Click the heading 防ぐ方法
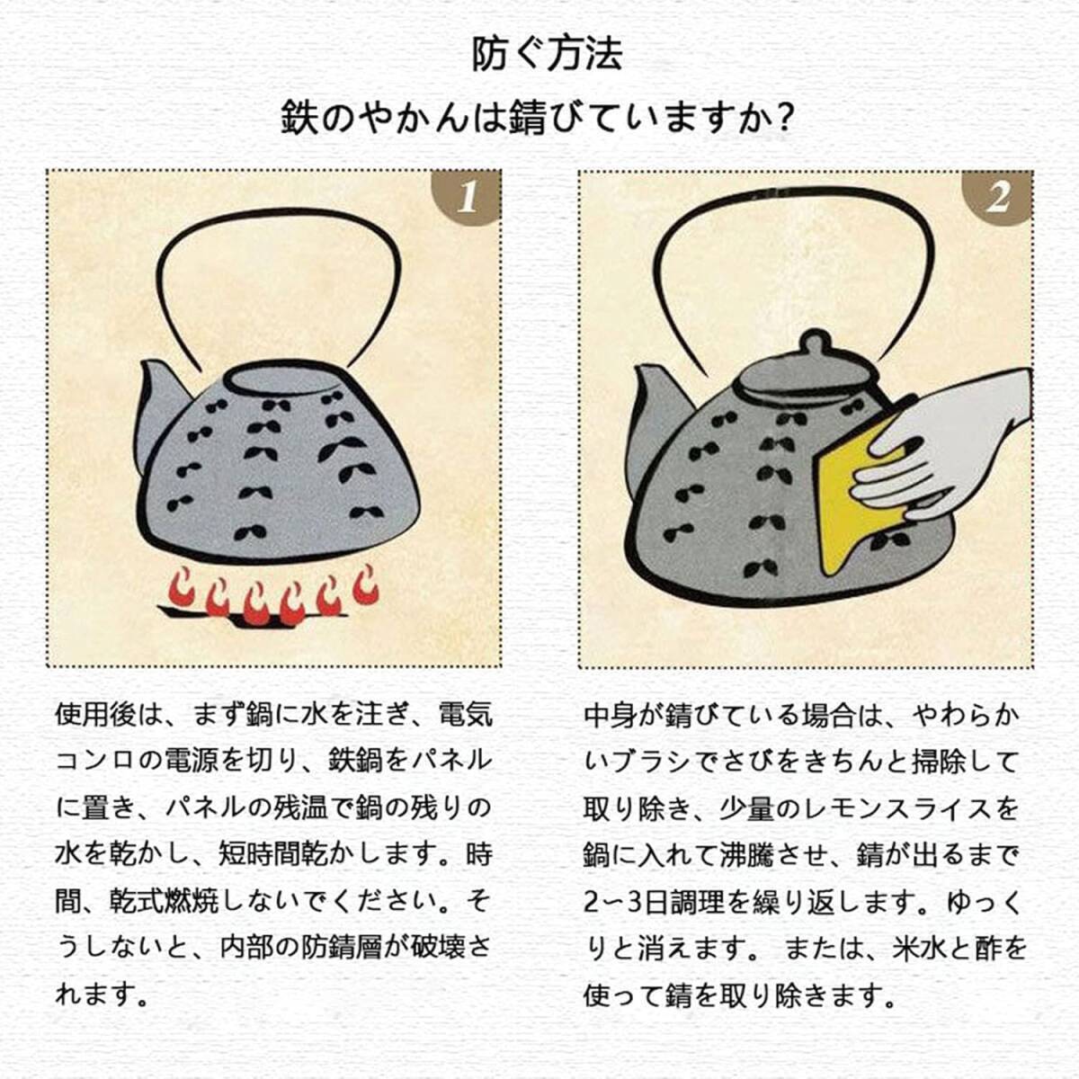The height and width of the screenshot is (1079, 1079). [x=547, y=55]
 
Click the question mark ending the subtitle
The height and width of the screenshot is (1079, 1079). [x=786, y=116]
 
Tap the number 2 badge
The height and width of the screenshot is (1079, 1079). [x=997, y=197]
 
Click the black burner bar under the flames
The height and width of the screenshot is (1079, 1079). [x=252, y=614]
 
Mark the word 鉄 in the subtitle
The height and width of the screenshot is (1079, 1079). [x=299, y=117]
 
